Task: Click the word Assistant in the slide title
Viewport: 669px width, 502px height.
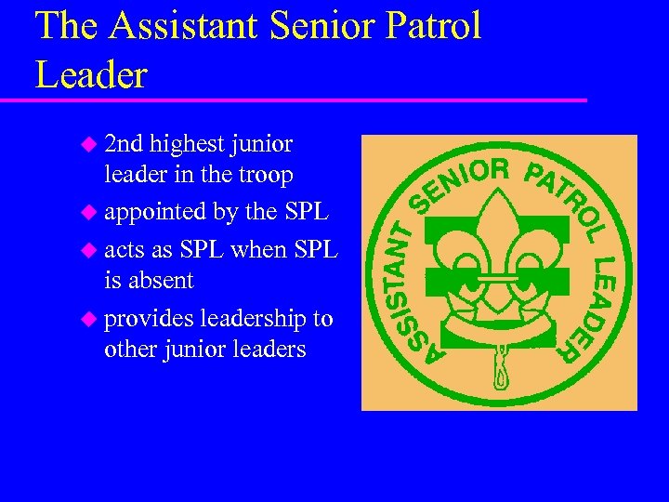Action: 183,25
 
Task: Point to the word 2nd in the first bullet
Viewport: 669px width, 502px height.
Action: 124,144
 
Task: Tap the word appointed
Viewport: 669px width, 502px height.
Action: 155,213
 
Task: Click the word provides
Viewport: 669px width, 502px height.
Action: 149,320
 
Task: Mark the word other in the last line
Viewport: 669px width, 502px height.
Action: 132,350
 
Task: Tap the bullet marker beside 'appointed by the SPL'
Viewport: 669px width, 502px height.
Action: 88,213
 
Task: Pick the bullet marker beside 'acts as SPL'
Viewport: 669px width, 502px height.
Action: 88,249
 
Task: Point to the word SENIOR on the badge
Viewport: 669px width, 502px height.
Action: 461,181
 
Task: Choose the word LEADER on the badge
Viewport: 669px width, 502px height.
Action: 596,307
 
